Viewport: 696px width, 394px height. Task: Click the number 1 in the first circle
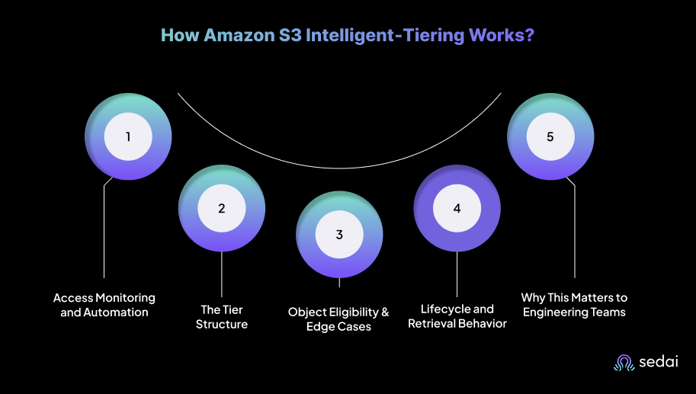pyautogui.click(x=128, y=137)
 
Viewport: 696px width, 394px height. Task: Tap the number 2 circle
pyautogui.click(x=222, y=207)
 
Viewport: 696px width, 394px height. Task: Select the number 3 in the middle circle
pyautogui.click(x=339, y=234)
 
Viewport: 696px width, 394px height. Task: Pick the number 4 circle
pyautogui.click(x=457, y=207)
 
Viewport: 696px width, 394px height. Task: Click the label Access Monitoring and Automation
pyautogui.click(x=104, y=305)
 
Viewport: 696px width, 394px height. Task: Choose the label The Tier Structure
pyautogui.click(x=222, y=317)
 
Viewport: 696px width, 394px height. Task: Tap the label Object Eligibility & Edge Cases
pyautogui.click(x=338, y=319)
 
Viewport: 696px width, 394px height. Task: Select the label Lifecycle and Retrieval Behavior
pyautogui.click(x=457, y=316)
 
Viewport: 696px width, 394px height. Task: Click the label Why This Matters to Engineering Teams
pyautogui.click(x=574, y=305)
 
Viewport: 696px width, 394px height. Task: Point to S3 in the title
pyautogui.click(x=288, y=36)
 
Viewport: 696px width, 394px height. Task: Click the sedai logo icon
pyautogui.click(x=624, y=364)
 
